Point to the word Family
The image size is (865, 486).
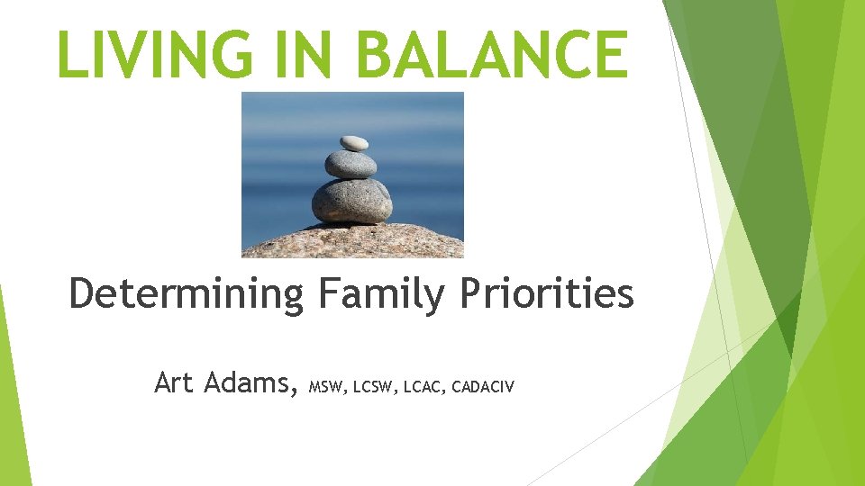(x=378, y=295)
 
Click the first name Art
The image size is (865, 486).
(x=175, y=382)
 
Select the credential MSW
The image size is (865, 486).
(x=327, y=388)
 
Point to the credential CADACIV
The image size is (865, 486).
(x=483, y=388)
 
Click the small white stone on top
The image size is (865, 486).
(x=353, y=142)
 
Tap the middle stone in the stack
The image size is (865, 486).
(x=351, y=164)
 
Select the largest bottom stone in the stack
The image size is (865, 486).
(x=351, y=201)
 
